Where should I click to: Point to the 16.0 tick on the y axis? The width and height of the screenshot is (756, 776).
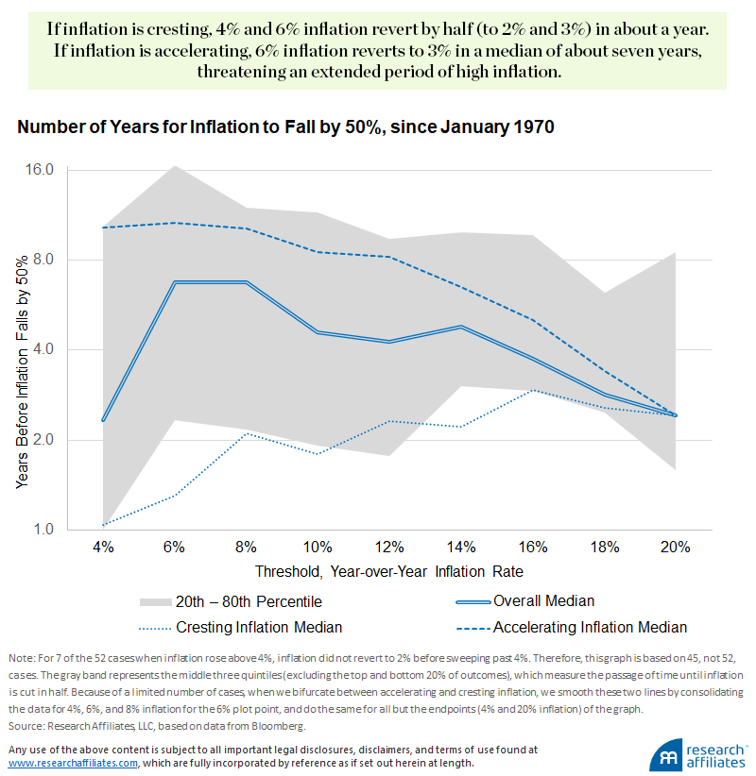pos(41,170)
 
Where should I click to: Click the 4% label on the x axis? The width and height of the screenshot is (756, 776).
pos(102,548)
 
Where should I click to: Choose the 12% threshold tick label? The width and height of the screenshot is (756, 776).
pos(388,548)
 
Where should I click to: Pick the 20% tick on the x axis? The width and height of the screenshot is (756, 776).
pos(676,548)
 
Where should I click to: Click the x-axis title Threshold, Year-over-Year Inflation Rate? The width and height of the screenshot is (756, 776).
pos(388,572)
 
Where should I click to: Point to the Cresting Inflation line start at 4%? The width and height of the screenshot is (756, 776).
pos(102,525)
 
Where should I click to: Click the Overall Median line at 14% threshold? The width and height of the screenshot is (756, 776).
pos(460,327)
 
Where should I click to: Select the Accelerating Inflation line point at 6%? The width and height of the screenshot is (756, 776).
pos(174,223)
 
